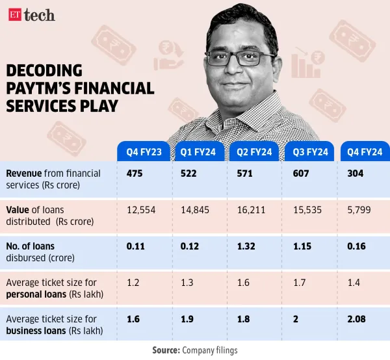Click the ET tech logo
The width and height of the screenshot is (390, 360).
click(32, 14)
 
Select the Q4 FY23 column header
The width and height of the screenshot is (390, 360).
click(144, 153)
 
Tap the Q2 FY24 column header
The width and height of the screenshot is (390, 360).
click(253, 153)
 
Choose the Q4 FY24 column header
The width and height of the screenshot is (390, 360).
click(365, 153)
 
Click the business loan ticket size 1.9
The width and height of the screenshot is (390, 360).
click(186, 319)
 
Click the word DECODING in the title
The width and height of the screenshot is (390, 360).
click(44, 71)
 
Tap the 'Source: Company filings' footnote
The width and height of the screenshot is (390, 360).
click(194, 350)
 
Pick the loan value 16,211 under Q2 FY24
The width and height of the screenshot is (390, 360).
click(249, 211)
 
